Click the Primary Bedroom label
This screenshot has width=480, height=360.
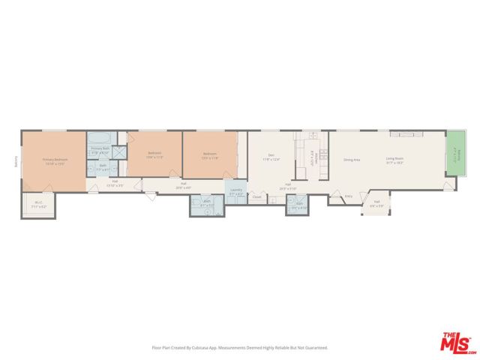click(x=55, y=160)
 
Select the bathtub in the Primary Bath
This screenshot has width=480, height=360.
click(x=100, y=138)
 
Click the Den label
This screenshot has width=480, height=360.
click(x=270, y=156)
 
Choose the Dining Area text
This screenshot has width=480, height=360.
click(x=352, y=160)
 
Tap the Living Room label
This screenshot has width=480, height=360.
click(x=394, y=158)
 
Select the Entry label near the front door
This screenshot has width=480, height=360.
click(x=348, y=196)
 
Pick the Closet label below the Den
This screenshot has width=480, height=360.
click(x=256, y=197)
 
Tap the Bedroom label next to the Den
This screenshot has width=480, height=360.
click(x=209, y=154)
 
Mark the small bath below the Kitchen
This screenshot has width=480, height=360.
click(x=298, y=204)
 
